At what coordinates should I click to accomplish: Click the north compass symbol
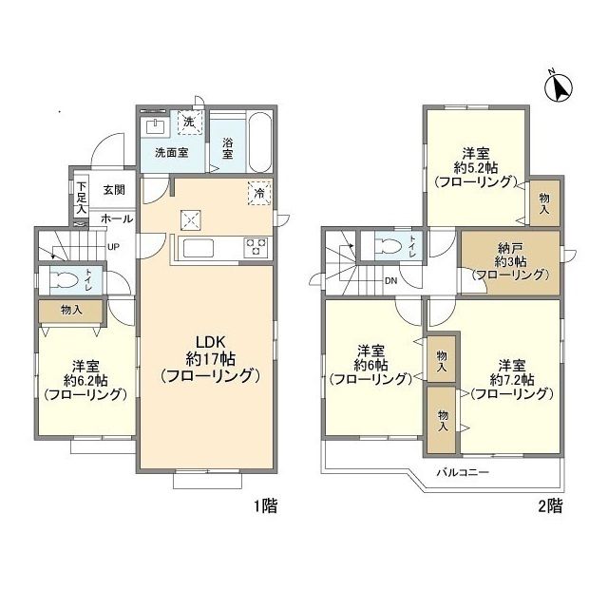(559, 87)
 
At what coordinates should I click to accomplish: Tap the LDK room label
(210, 359)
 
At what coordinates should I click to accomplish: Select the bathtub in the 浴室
(259, 142)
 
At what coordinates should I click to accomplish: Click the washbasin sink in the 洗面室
(155, 126)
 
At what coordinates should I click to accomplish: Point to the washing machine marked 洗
(190, 123)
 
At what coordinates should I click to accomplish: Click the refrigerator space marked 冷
(259, 193)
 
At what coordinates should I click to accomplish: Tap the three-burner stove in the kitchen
(256, 248)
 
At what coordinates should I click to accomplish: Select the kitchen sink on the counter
(199, 248)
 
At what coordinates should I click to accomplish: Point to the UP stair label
(113, 247)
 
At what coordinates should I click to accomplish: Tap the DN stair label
(391, 281)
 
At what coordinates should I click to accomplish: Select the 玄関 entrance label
(114, 190)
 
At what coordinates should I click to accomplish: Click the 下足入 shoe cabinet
(81, 198)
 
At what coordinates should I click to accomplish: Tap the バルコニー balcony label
(463, 472)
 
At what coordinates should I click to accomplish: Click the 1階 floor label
(266, 505)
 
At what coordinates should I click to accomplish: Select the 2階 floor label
(550, 505)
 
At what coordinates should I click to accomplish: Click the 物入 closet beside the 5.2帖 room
(544, 202)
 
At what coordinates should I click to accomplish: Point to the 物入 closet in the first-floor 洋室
(71, 311)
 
